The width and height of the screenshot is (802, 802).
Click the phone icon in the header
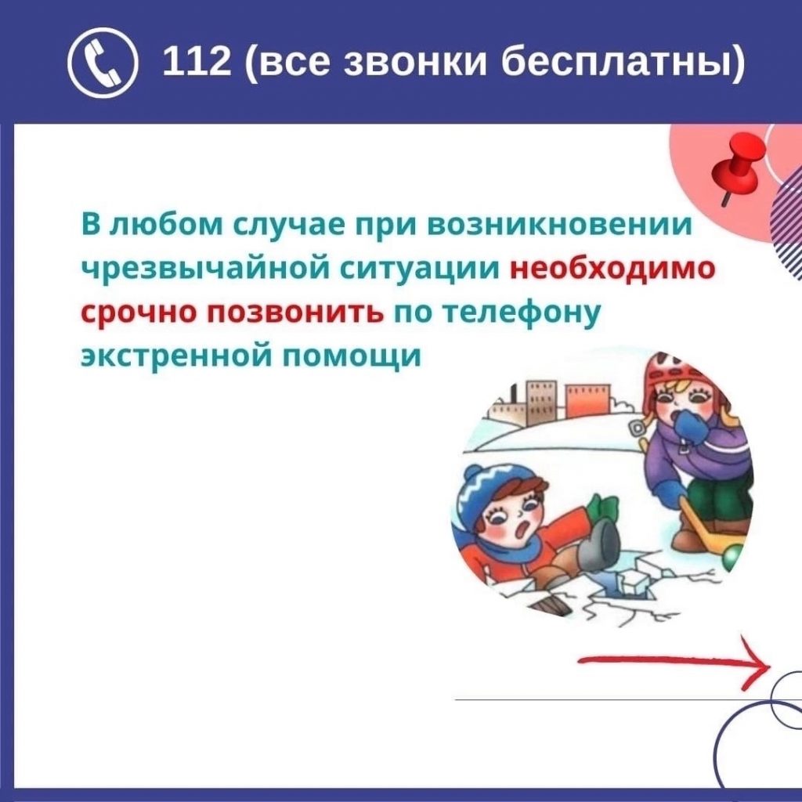point(103,63)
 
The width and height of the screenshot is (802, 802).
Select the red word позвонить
point(295,312)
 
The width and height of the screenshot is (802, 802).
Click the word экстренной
point(178,356)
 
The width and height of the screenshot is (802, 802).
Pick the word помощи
point(352,357)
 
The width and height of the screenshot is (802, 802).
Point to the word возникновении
point(559,225)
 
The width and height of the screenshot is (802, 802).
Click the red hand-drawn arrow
point(674,661)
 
